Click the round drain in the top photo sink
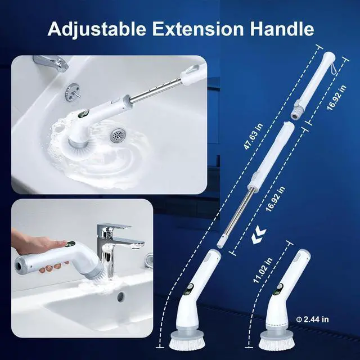118,136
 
